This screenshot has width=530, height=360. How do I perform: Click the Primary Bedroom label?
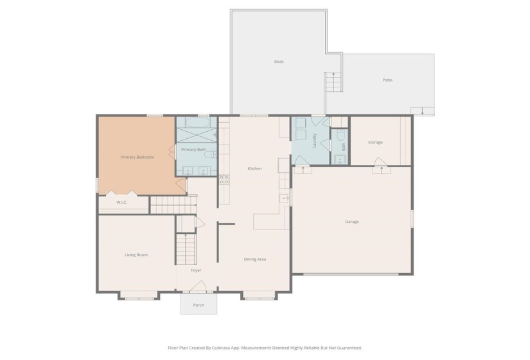(137, 157)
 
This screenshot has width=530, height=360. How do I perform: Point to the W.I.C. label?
(121, 203)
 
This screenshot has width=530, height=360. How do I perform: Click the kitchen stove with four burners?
(224, 179)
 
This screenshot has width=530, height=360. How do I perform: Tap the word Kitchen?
(254, 168)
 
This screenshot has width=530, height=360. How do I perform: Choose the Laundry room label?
(314, 139)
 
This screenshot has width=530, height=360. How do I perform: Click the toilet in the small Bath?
(340, 136)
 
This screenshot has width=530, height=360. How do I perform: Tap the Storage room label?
(375, 142)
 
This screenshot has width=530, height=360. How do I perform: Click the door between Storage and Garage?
(382, 170)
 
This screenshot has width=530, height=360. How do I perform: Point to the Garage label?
(351, 222)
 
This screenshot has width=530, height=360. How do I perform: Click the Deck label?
(279, 62)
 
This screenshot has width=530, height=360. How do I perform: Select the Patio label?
(387, 80)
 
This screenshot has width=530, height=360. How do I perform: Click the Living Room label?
(136, 255)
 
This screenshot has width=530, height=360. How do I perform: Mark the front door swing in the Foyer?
(197, 287)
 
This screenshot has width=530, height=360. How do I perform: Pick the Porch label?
(199, 305)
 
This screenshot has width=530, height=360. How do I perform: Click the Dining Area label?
(254, 259)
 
